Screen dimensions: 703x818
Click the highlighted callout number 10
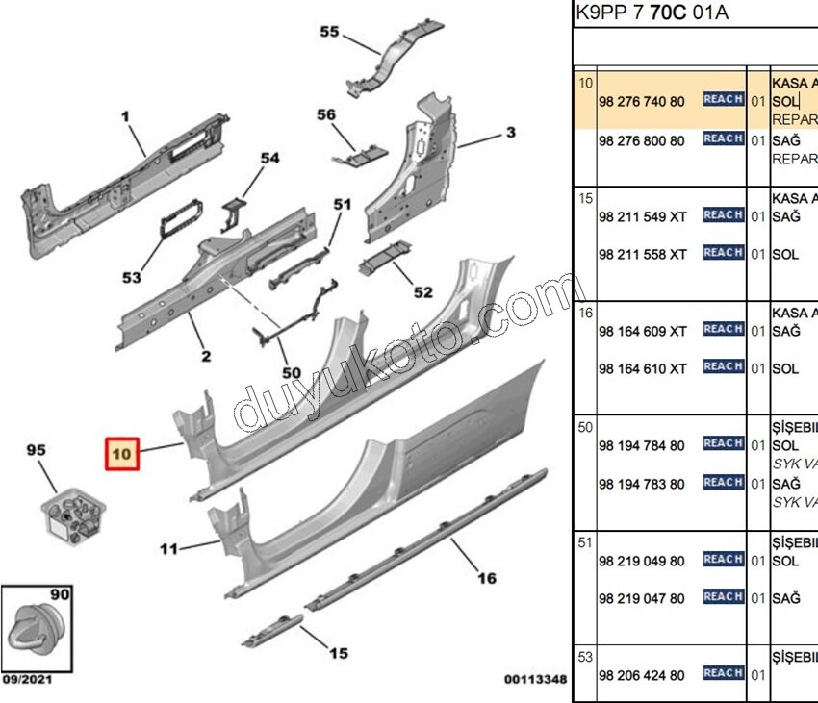point(122,451)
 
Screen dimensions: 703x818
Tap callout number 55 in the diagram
point(329,32)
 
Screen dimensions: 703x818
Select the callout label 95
point(36,450)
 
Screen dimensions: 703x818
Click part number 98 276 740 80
point(641,101)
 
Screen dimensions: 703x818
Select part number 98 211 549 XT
point(642,217)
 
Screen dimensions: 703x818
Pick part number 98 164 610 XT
point(642,369)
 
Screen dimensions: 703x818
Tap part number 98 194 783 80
point(641,485)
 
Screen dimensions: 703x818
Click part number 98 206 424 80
point(641,676)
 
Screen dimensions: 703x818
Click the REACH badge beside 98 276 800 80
point(723,139)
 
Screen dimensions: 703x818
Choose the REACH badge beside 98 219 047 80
point(723,597)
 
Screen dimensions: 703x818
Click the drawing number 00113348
point(535,680)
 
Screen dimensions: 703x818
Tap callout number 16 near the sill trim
point(487,578)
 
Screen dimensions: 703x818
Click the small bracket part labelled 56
point(361,152)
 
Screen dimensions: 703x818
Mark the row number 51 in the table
point(585,542)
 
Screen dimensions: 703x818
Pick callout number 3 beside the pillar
point(510,132)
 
